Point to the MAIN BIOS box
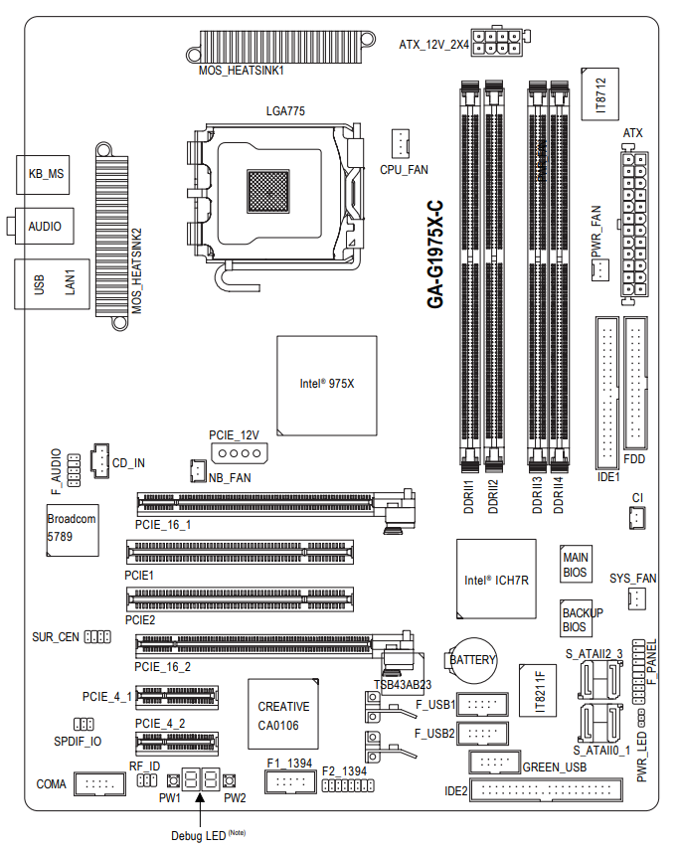click(576, 564)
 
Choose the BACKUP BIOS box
click(576, 620)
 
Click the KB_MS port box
click(45, 174)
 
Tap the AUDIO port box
click(45, 227)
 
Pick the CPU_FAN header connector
click(400, 143)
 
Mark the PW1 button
click(172, 780)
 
